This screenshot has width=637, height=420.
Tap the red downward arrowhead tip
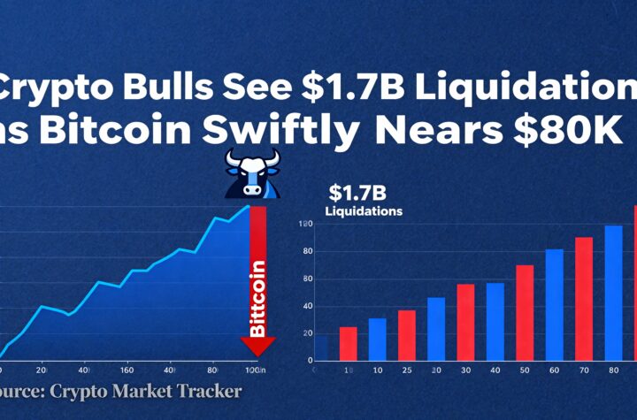pos(258,352)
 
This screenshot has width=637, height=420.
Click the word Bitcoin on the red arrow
pos(258,298)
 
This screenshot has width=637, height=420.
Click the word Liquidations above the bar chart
pos(364,211)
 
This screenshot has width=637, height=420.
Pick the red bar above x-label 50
pos(525,312)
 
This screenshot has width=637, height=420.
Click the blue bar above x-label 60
pos(554,304)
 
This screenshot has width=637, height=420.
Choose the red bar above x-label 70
pos(584,298)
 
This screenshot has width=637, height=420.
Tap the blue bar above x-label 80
pos(613,293)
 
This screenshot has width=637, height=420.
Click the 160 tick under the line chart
pos(127,370)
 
